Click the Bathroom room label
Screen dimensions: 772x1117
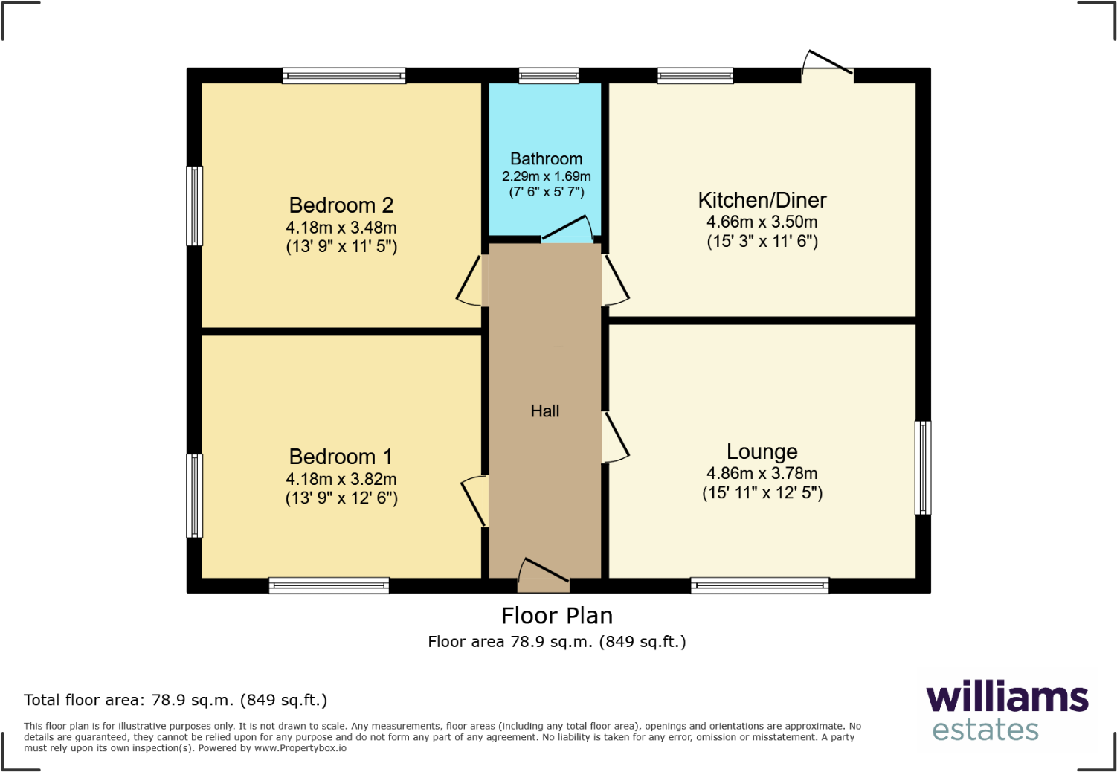(x=546, y=159)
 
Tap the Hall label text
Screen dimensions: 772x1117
(x=544, y=411)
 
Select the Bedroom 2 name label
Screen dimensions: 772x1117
(x=341, y=205)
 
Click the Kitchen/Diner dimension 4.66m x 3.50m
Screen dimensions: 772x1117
(x=762, y=222)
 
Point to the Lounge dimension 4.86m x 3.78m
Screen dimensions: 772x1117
(x=762, y=473)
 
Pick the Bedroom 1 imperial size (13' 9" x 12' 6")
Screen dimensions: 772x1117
(x=341, y=498)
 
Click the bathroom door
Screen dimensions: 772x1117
(x=568, y=230)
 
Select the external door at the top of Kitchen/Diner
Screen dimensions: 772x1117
(x=828, y=64)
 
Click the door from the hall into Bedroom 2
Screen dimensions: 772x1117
(x=470, y=281)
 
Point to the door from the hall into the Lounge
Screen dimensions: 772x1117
(x=616, y=437)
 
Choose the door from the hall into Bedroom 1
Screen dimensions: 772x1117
(x=474, y=501)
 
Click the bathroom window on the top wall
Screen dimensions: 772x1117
(x=549, y=75)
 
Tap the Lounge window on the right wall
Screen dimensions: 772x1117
(x=922, y=468)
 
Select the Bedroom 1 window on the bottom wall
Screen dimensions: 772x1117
(x=329, y=585)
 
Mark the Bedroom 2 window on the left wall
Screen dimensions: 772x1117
(x=194, y=206)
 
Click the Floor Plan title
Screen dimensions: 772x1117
(x=556, y=616)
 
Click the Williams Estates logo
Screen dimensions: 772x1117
(x=1006, y=710)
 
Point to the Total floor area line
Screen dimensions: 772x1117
(x=176, y=700)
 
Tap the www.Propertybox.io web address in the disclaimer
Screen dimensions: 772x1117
(x=300, y=748)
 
